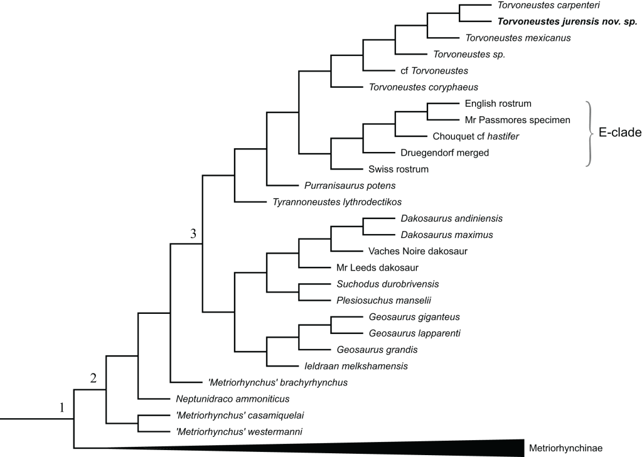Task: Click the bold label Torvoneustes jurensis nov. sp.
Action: point(567,21)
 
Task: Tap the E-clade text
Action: point(619,134)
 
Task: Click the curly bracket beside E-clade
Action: point(591,134)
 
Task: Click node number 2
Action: point(94,378)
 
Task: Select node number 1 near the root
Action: point(62,408)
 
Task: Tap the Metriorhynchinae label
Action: point(565,448)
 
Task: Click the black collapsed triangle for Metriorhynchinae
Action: point(439,446)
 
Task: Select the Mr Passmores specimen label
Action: point(508,119)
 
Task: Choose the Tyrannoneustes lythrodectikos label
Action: point(337,202)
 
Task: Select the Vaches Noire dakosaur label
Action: point(418,251)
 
